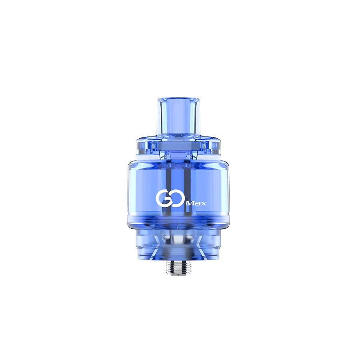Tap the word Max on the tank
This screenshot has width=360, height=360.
197,204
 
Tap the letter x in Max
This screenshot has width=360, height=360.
204,204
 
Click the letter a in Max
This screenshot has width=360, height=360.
198,204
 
